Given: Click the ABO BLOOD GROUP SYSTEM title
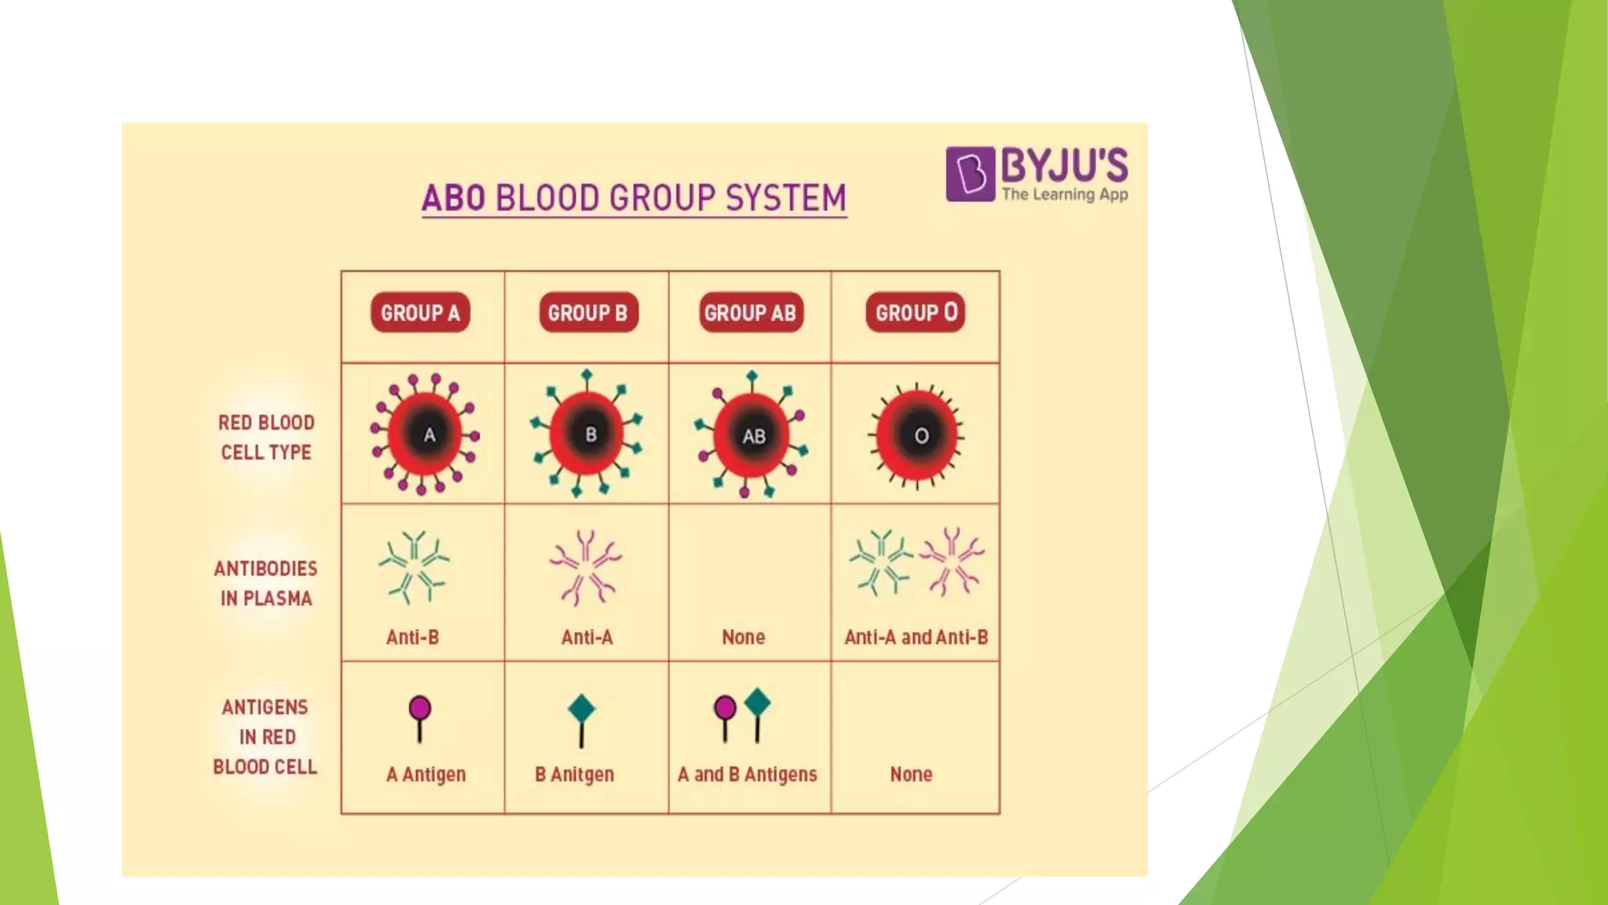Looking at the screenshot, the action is coord(634,198).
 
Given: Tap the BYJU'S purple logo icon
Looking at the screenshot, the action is coord(970,174).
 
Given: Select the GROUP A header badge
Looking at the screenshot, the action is coord(420,313).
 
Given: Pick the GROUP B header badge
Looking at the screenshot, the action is coord(588,313).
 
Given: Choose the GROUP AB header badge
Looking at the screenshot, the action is coord(750,313).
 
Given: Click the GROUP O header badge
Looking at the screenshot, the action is coord(915,313).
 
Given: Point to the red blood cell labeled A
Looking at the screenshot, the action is coord(426,434).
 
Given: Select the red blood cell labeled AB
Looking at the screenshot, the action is coord(751,436).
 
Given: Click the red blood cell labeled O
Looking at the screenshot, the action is coord(917,435).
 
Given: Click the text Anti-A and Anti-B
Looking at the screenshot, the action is coord(915,637).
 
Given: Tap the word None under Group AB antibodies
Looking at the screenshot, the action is coord(743,637).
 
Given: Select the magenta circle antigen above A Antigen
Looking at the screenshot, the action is coord(420,709).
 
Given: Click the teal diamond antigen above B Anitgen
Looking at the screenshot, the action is coord(581,709).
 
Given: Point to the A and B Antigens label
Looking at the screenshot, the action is coord(747,775).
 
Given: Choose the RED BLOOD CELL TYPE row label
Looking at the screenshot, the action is coord(266,438).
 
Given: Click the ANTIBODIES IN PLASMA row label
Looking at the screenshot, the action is coord(265,583).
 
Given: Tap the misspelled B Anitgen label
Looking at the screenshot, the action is coord(574,775).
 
